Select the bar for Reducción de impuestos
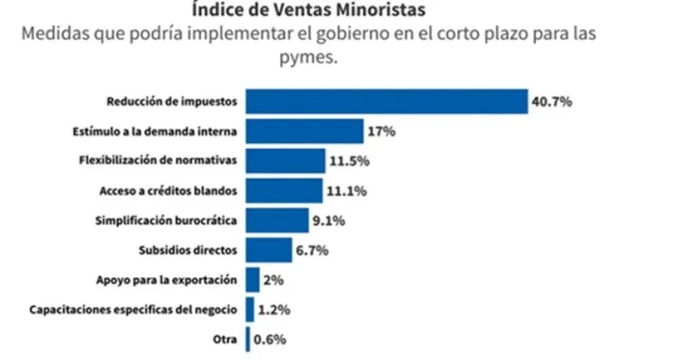[386, 102]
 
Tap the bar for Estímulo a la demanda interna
[304, 131]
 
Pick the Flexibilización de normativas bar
[285, 161]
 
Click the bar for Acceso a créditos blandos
[284, 191]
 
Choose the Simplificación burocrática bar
[277, 220]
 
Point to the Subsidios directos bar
[269, 250]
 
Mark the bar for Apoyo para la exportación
[252, 279]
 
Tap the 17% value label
[381, 132]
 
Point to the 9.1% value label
[329, 220]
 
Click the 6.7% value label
[312, 250]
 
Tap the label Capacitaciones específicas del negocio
[133, 310]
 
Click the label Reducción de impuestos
[172, 102]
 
